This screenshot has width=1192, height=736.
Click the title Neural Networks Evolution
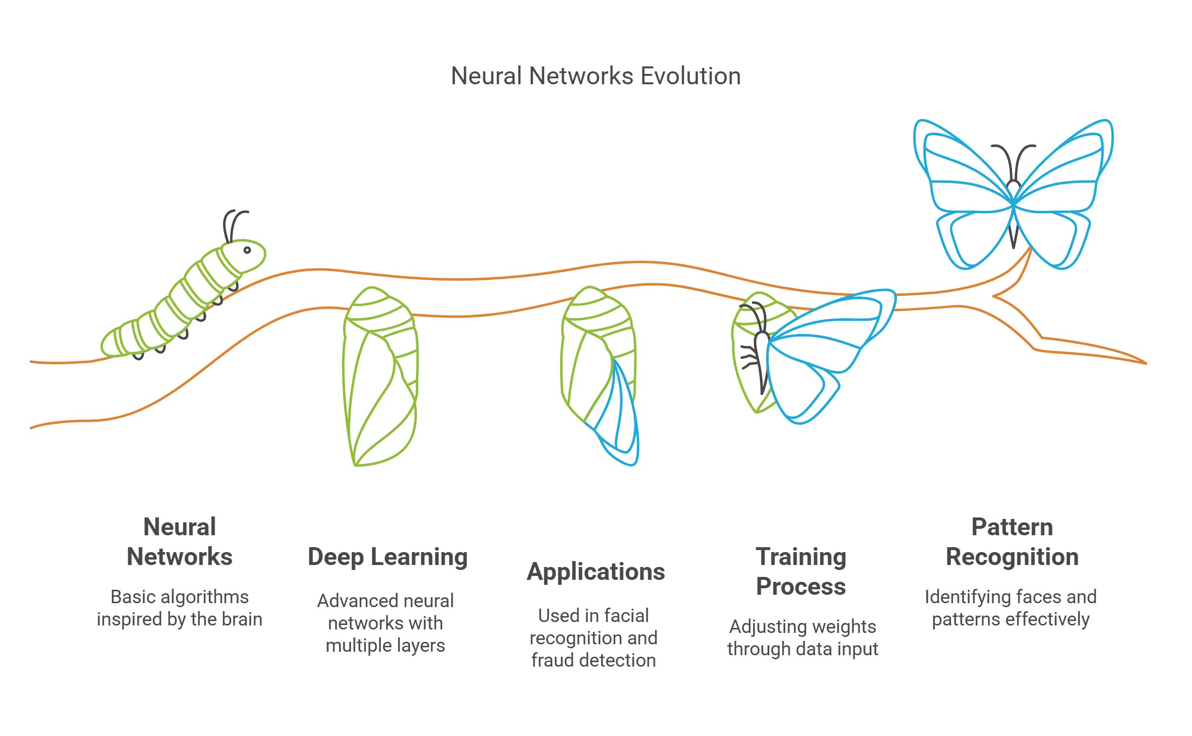pos(595,76)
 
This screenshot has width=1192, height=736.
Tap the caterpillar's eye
pos(247,250)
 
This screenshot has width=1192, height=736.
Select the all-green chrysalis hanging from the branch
pos(380,377)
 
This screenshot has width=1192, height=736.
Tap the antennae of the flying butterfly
pos(1013,159)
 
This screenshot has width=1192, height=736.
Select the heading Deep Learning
pos(388,557)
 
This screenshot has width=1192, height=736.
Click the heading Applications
pos(595,571)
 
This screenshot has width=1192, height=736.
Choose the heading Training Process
pos(800,571)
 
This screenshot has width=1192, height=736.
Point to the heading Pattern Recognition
pos(1012,542)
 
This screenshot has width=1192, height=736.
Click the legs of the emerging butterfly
pos(748,357)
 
